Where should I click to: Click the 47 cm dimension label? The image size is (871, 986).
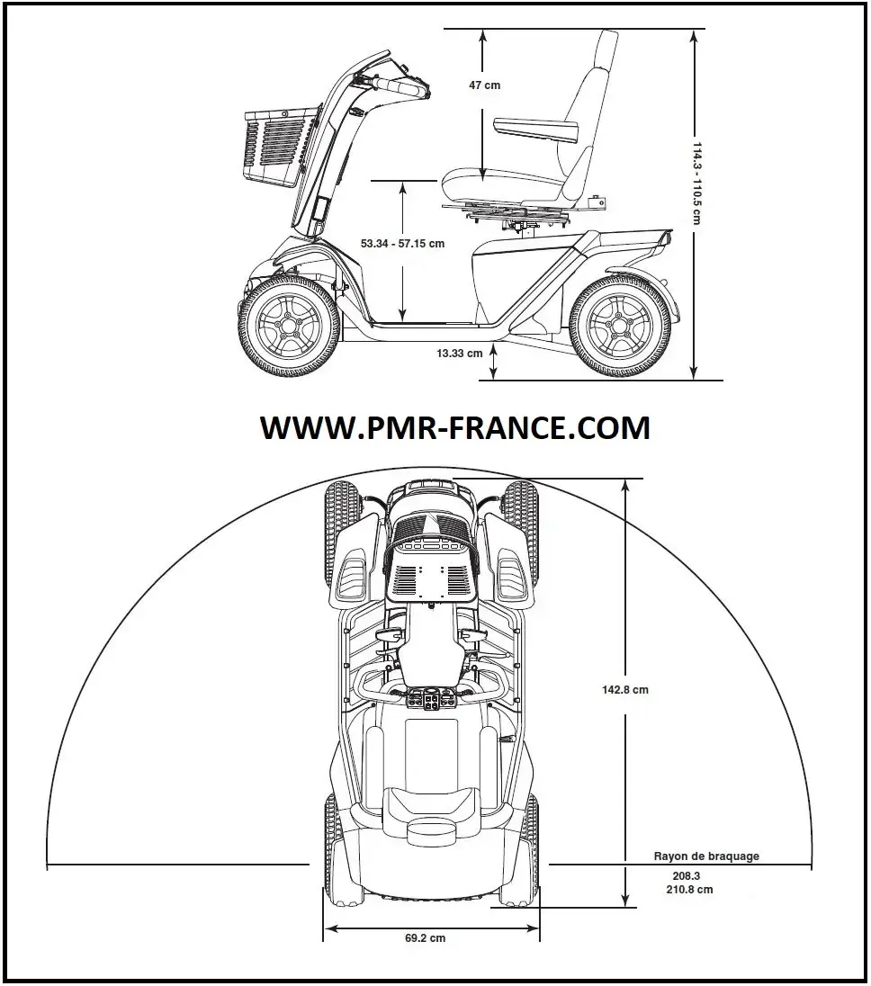(x=484, y=85)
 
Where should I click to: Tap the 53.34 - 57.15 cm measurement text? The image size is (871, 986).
(x=402, y=244)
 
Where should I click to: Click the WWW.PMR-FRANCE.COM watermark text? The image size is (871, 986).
(x=454, y=428)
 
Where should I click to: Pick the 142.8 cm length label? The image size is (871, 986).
(x=625, y=690)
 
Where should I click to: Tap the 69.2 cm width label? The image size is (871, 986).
(x=425, y=938)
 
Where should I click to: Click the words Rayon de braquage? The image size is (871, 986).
(x=705, y=856)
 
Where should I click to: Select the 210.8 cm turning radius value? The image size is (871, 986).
(x=692, y=890)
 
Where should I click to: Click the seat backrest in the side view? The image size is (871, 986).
(x=585, y=99)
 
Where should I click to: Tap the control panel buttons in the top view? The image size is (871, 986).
(x=429, y=699)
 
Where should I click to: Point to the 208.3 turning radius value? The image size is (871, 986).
(x=686, y=875)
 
